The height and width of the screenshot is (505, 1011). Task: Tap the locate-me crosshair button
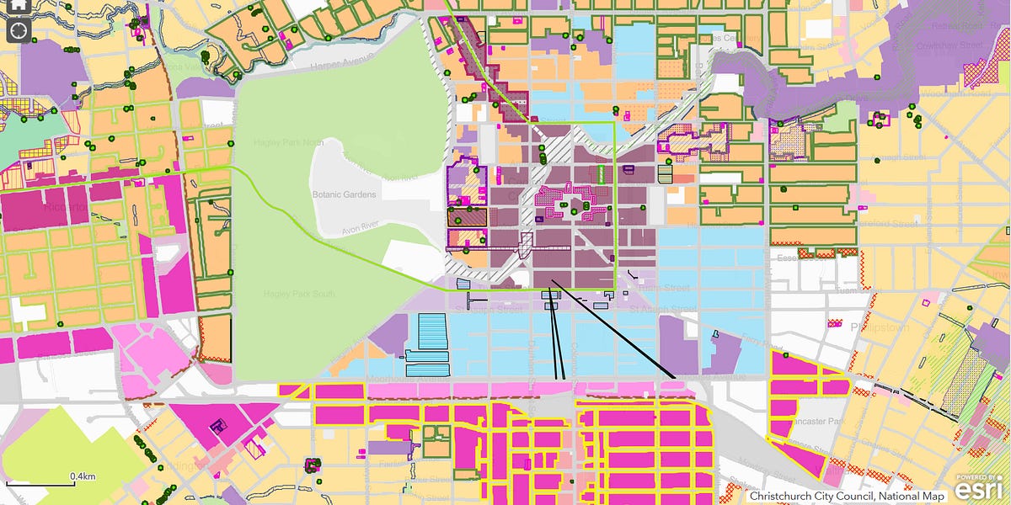[19, 31]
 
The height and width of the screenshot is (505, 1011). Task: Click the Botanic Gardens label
[343, 194]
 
